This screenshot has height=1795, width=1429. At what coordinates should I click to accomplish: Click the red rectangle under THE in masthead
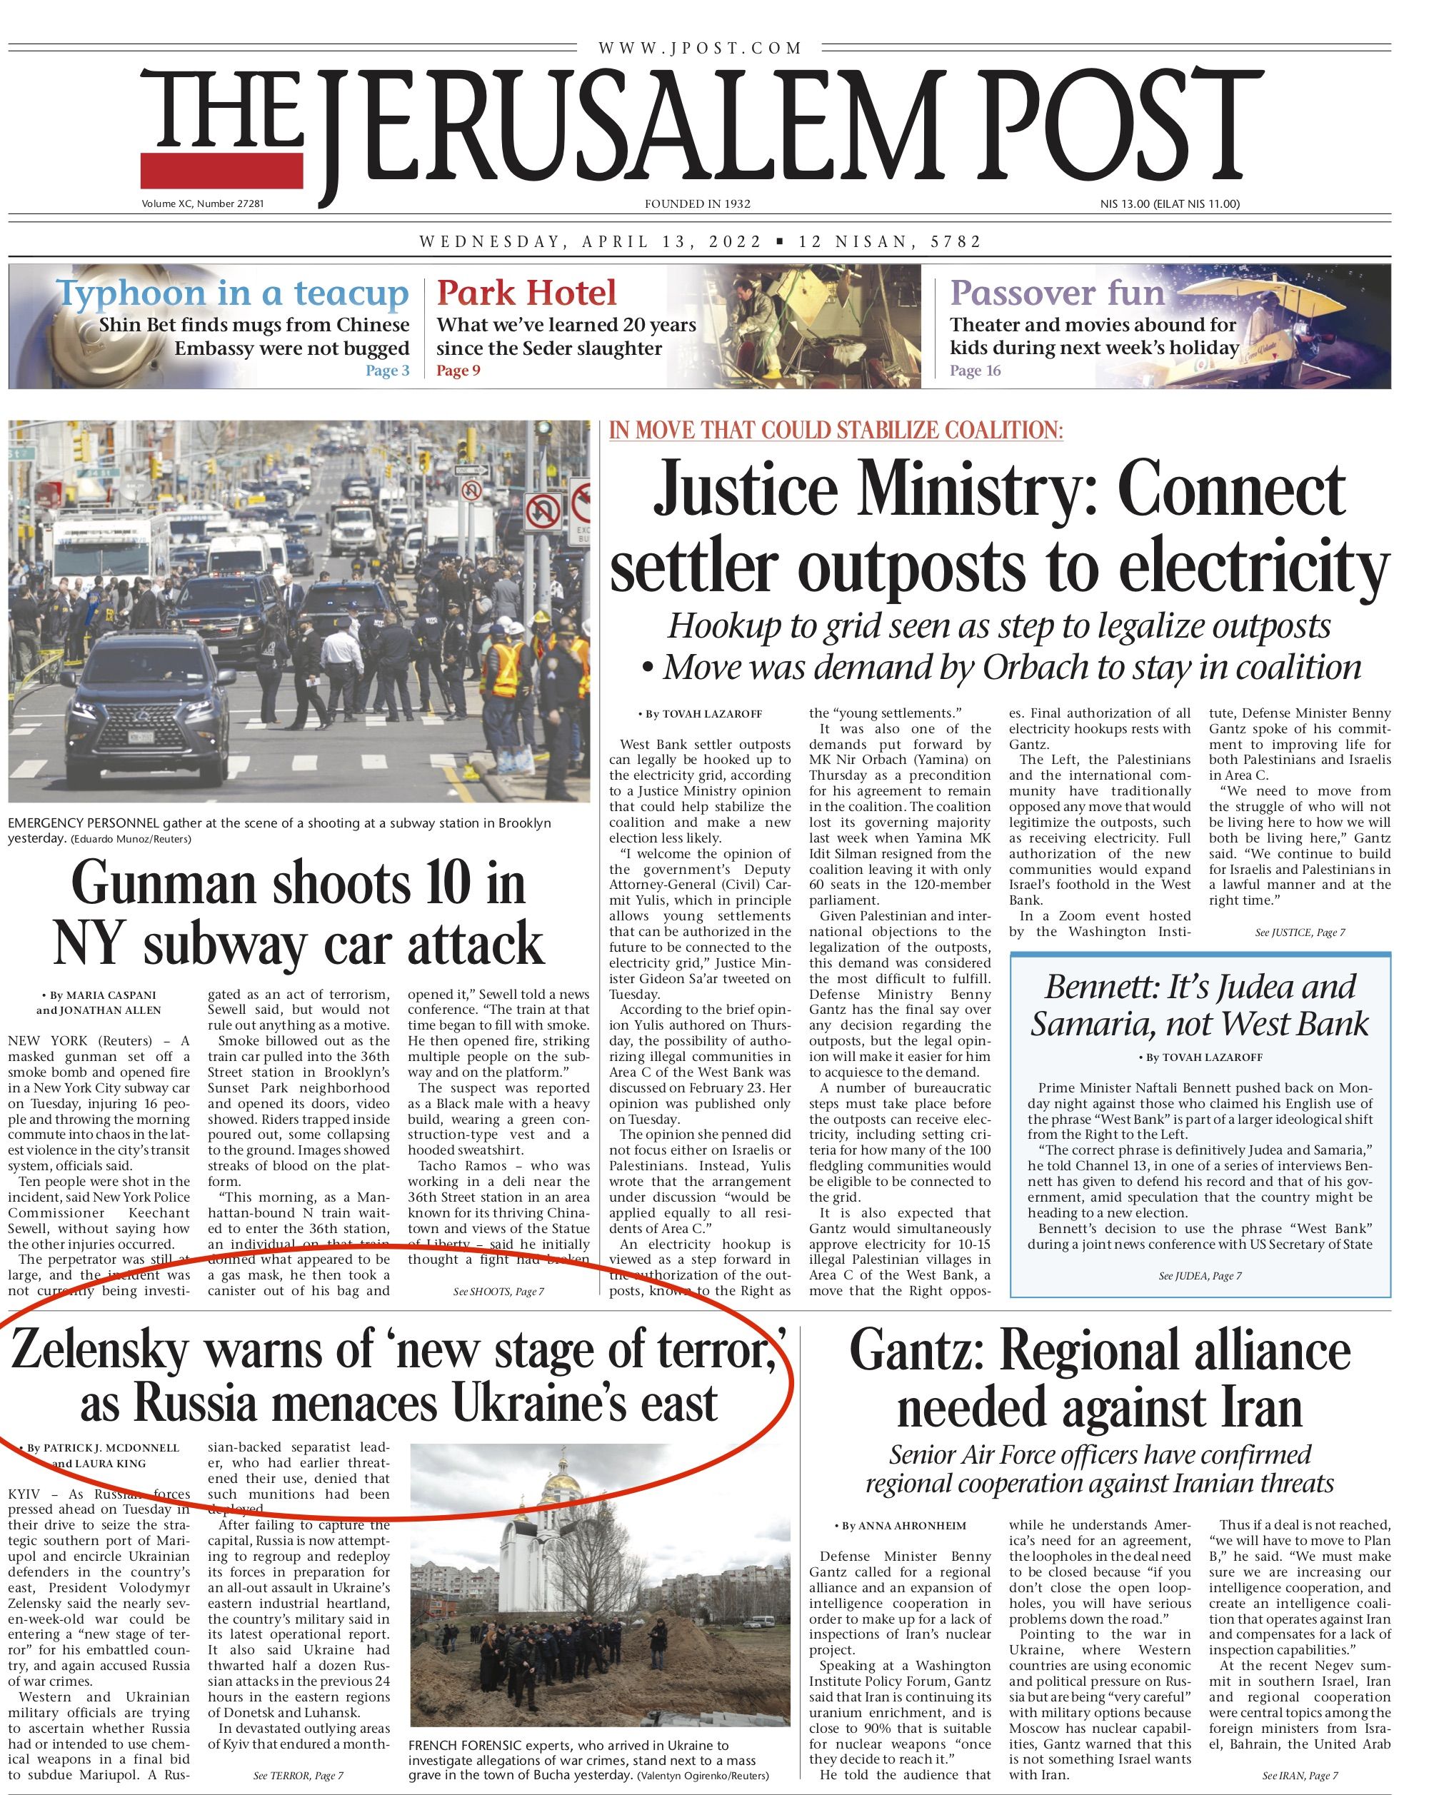[221, 170]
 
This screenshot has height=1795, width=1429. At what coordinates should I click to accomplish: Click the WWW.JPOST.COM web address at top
[700, 49]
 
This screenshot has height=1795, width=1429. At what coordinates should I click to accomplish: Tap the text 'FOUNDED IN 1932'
[697, 204]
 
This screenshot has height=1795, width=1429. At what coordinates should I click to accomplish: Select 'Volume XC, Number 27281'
[202, 204]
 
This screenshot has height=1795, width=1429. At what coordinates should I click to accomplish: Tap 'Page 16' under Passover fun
[974, 371]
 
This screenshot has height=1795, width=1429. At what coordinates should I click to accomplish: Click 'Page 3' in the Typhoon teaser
[387, 371]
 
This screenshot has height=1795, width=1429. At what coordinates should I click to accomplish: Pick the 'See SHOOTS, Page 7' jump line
[498, 1292]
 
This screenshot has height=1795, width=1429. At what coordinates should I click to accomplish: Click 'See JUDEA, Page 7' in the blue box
[1199, 1275]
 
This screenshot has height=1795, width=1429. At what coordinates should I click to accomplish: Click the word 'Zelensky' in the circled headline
[100, 1350]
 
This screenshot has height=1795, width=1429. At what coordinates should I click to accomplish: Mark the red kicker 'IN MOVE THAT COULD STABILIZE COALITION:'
[836, 431]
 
